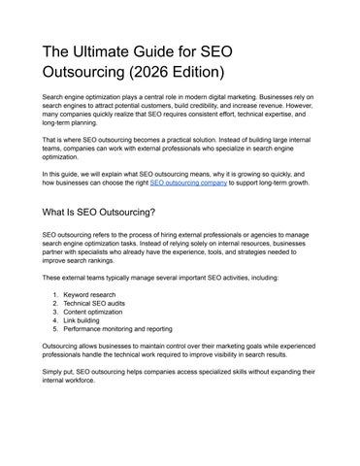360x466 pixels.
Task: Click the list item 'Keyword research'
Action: pyautogui.click(x=90, y=292)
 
